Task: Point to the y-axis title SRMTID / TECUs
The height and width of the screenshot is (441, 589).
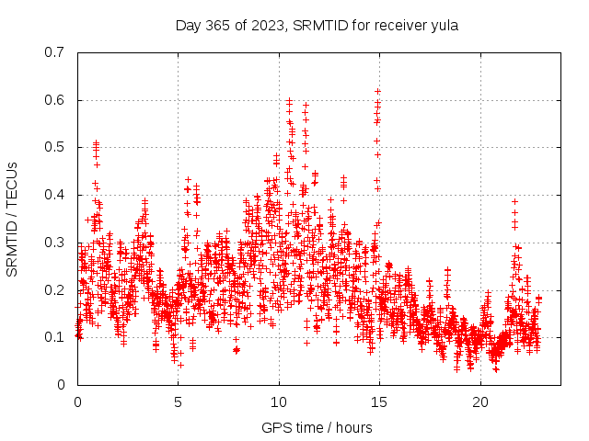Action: (13, 219)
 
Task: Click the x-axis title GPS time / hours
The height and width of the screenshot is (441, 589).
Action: (317, 427)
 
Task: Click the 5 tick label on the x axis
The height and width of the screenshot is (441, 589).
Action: (178, 402)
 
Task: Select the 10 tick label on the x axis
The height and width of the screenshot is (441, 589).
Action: (279, 402)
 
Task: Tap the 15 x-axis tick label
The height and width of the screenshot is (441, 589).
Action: (379, 402)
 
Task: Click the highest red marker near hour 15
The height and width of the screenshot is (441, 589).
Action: (378, 91)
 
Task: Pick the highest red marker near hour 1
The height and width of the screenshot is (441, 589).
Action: (96, 143)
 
